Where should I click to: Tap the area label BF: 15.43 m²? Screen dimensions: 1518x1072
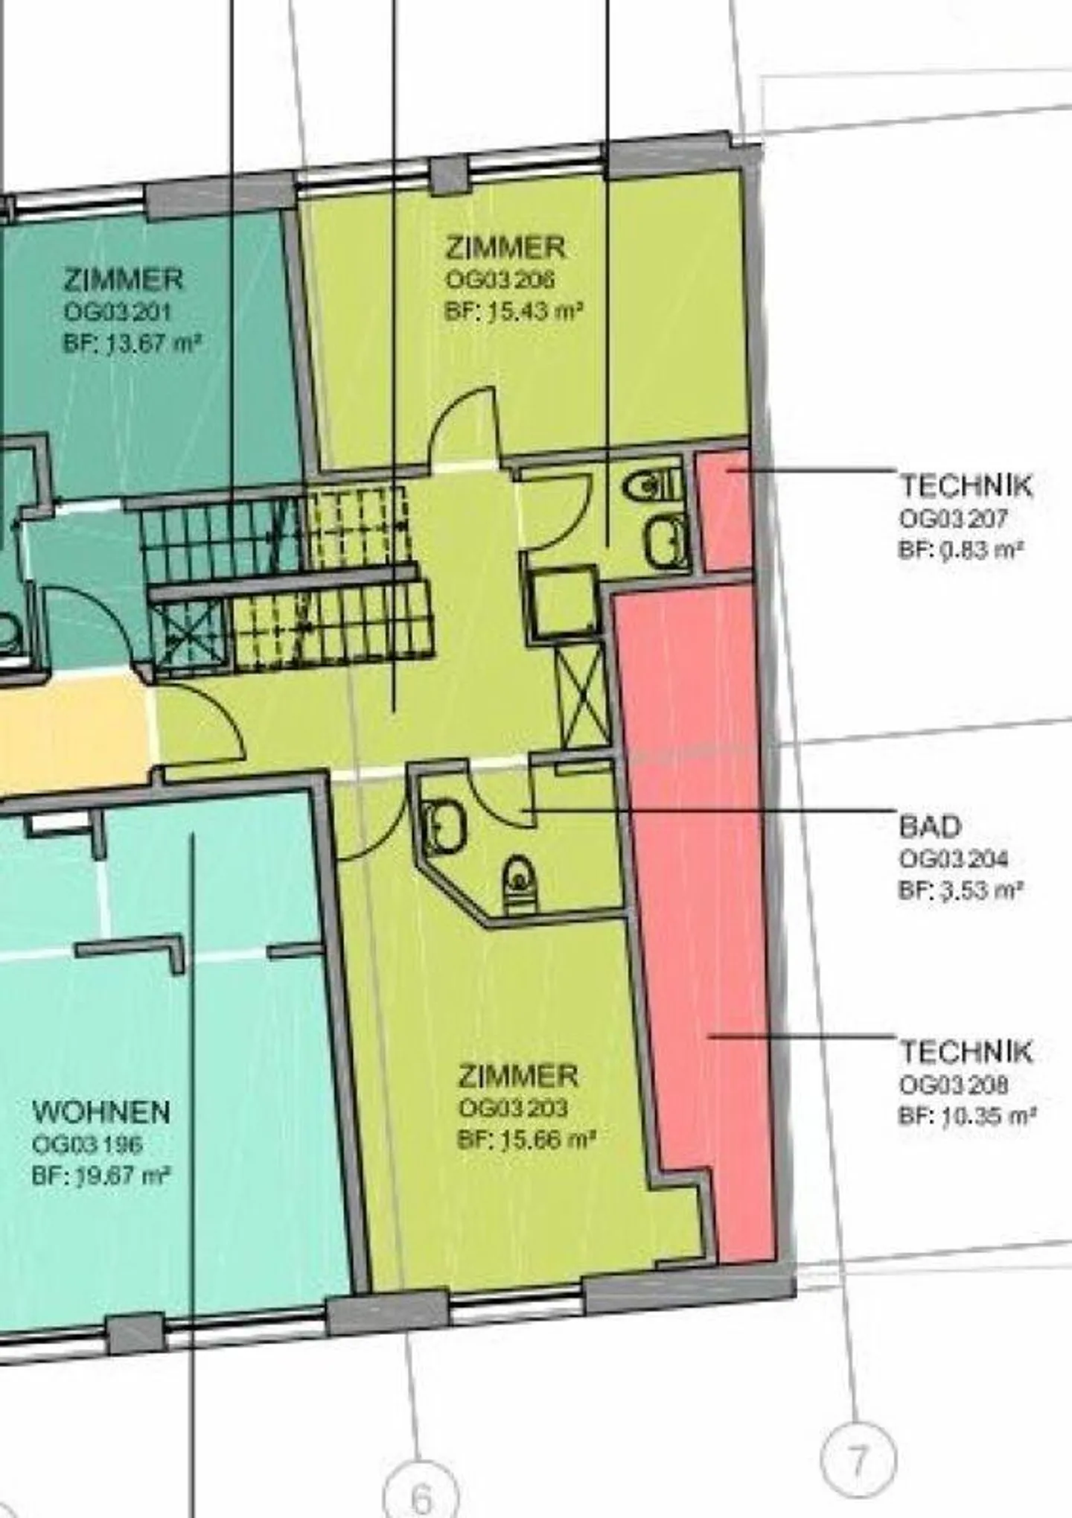[x=513, y=311]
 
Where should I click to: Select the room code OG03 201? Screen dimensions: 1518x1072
[x=118, y=311]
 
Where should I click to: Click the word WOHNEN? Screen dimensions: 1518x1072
[x=101, y=1112]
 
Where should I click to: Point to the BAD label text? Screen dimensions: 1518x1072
[x=930, y=826]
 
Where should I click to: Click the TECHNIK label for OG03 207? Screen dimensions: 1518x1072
[x=966, y=486]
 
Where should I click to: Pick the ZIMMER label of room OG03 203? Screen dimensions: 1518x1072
[x=517, y=1076]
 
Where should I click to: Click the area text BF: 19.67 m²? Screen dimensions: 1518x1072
[x=101, y=1176]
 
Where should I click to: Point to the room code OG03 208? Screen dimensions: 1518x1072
[x=954, y=1085]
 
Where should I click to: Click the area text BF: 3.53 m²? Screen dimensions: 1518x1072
[x=960, y=890]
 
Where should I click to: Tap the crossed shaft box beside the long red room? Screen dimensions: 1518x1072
[x=583, y=695]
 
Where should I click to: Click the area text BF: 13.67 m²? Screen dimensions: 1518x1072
[x=133, y=344]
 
